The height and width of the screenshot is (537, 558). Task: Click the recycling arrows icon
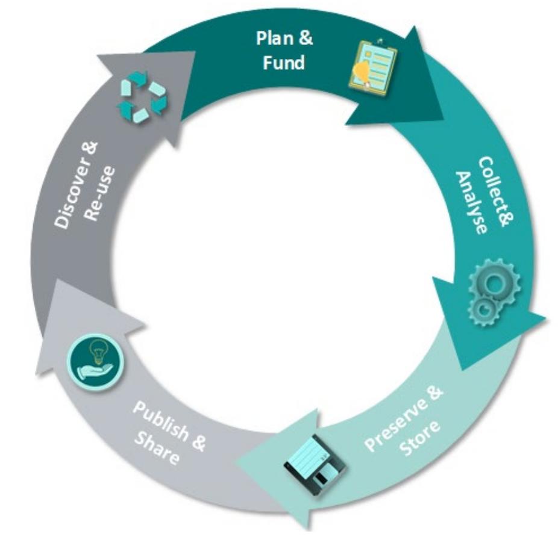pos(142,98)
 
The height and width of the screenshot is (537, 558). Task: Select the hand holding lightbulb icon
pos(95,362)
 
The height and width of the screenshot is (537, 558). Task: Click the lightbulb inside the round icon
pos(96,353)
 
